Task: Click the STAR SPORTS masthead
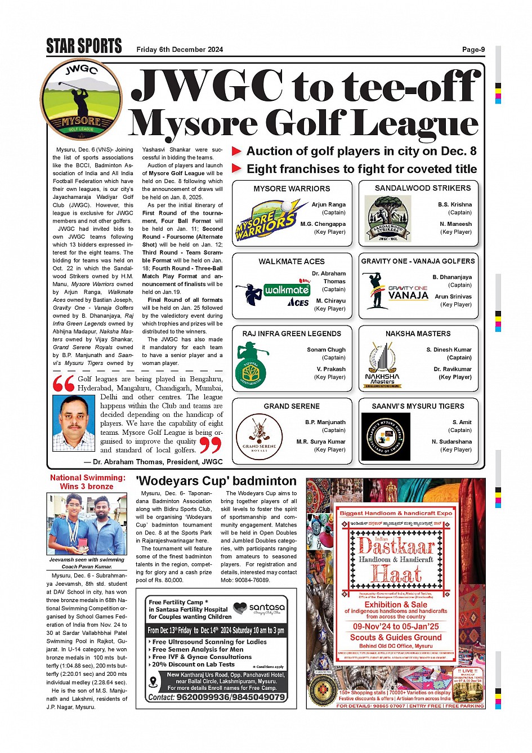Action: [x=84, y=46]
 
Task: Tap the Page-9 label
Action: [x=473, y=50]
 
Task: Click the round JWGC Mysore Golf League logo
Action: [x=81, y=100]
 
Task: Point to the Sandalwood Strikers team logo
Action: [x=388, y=220]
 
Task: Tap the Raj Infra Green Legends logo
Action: [x=251, y=366]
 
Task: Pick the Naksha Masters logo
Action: [x=382, y=365]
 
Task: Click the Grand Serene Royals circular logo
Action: [x=259, y=438]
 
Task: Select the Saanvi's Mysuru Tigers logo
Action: [x=386, y=437]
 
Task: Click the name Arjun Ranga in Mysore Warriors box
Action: [x=328, y=205]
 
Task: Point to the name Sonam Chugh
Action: [x=326, y=350]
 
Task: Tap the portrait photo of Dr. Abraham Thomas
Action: [x=73, y=423]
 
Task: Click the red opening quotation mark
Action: [x=64, y=384]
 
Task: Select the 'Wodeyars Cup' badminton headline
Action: [x=216, y=481]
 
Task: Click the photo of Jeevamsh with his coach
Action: [x=87, y=524]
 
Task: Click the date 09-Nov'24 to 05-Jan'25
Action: [x=396, y=626]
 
